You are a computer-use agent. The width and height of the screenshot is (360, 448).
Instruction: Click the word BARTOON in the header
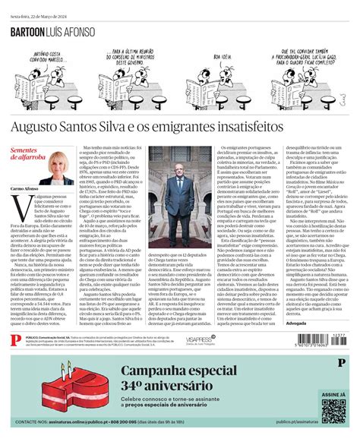pos(31,33)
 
